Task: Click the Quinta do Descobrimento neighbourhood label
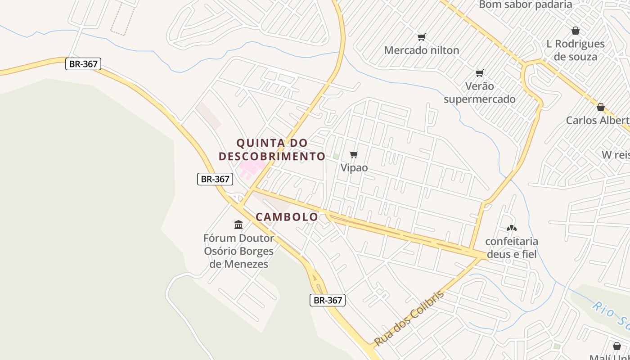pyautogui.click(x=272, y=149)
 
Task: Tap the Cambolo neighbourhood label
pyautogui.click(x=287, y=217)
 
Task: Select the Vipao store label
pyautogui.click(x=354, y=168)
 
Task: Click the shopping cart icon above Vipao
pyautogui.click(x=354, y=155)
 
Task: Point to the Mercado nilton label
pyautogui.click(x=422, y=50)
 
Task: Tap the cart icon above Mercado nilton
pyautogui.click(x=422, y=37)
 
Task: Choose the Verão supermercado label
pyautogui.click(x=480, y=93)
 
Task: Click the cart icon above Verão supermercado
pyautogui.click(x=480, y=73)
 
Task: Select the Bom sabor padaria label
pyautogui.click(x=526, y=5)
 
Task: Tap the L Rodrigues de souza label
pyautogui.click(x=576, y=50)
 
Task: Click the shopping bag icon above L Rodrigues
pyautogui.click(x=575, y=31)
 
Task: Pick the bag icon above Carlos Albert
pyautogui.click(x=600, y=107)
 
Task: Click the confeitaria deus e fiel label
pyautogui.click(x=512, y=248)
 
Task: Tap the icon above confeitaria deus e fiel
pyautogui.click(x=512, y=228)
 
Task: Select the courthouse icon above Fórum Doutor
pyautogui.click(x=238, y=224)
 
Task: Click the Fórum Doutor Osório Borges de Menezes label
pyautogui.click(x=238, y=251)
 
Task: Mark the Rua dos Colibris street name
pyautogui.click(x=409, y=318)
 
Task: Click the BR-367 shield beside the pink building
pyautogui.click(x=215, y=179)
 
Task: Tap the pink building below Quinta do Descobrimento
pyautogui.click(x=250, y=169)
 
